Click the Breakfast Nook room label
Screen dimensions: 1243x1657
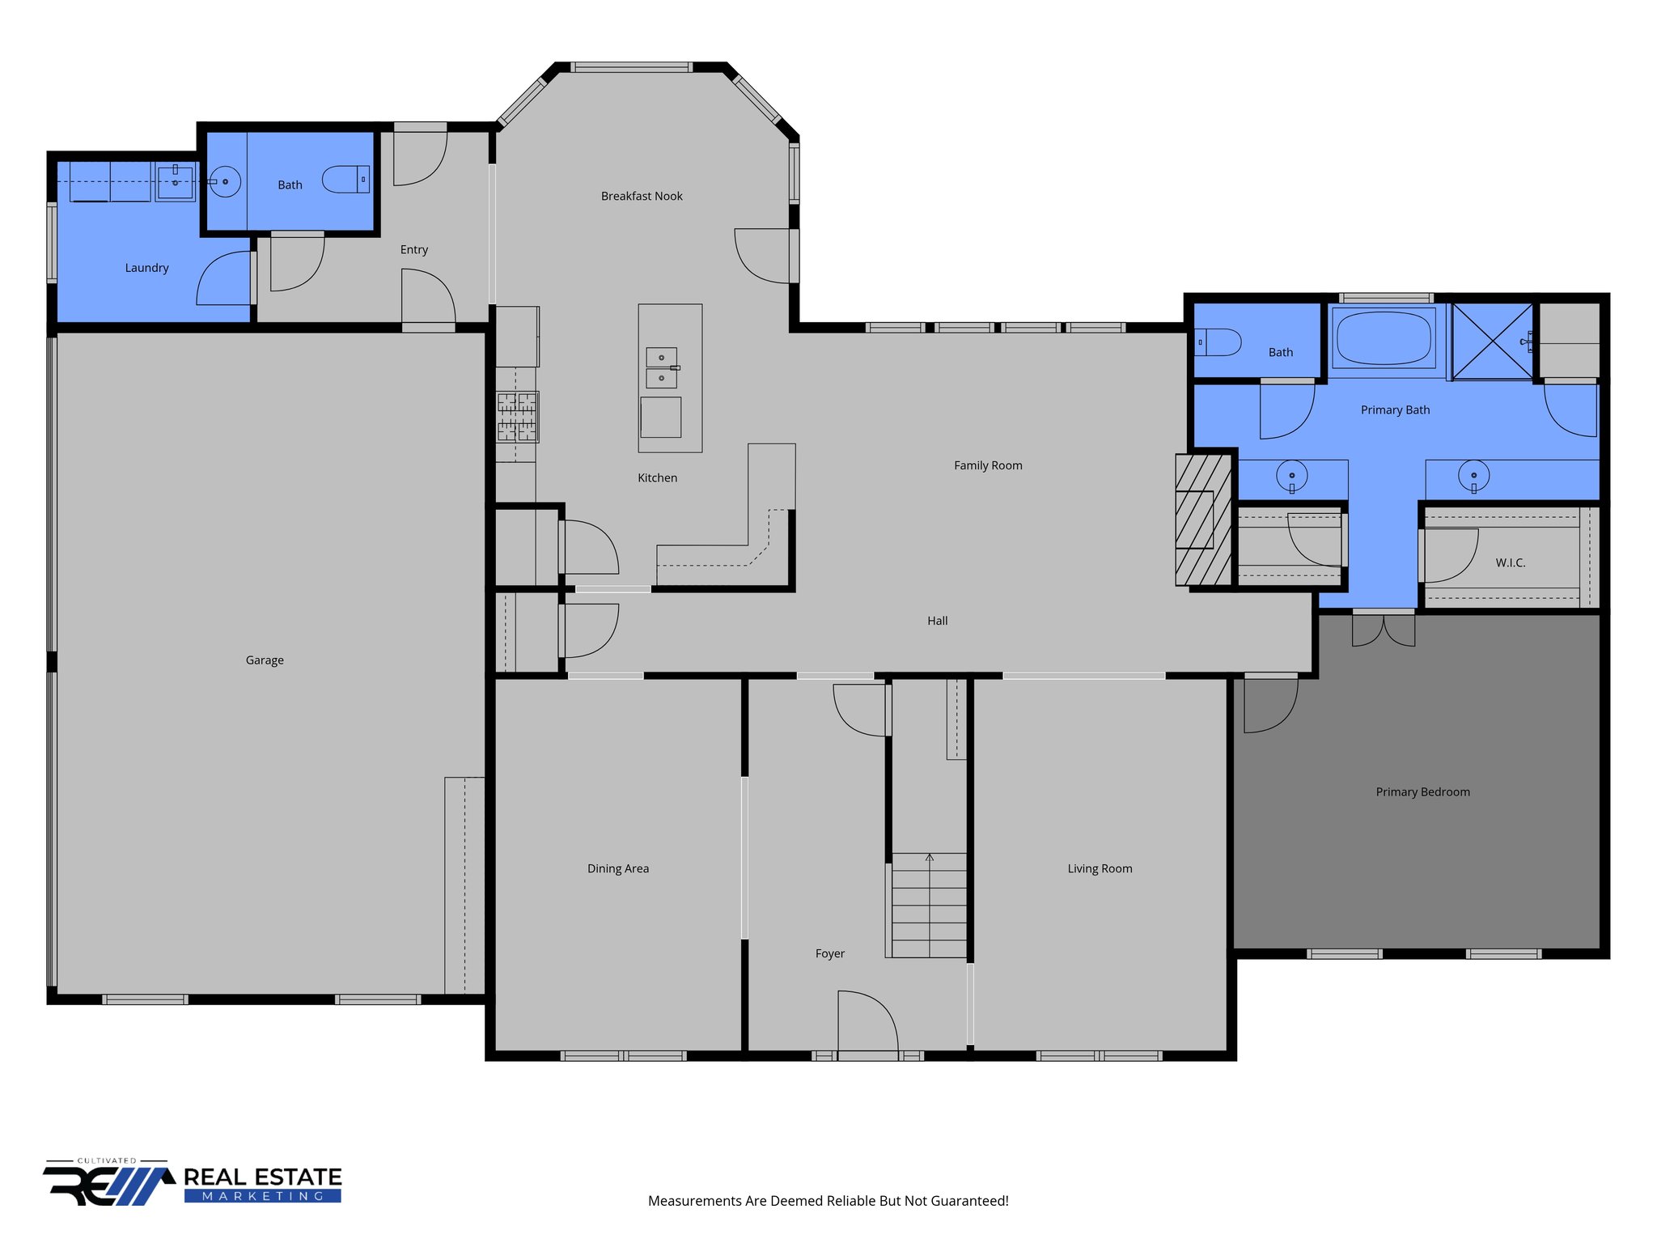(642, 196)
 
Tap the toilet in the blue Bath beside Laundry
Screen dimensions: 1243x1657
(346, 180)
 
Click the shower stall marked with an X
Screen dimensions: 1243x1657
(1493, 341)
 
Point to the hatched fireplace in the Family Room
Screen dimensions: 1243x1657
(1203, 520)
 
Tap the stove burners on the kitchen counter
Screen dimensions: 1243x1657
(517, 417)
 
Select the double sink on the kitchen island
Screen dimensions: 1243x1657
(661, 367)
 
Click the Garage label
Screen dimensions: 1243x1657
(265, 660)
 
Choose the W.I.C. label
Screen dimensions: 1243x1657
(1510, 563)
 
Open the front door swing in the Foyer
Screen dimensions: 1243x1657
(868, 1023)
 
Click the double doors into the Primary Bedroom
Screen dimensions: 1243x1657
(1384, 630)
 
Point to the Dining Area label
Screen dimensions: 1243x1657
(618, 869)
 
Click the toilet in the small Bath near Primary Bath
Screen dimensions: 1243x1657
(1219, 342)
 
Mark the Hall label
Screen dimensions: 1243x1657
(937, 621)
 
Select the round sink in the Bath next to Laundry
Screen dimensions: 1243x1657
(225, 182)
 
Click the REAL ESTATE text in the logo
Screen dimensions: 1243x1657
(263, 1177)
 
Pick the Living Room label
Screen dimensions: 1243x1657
(1100, 869)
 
